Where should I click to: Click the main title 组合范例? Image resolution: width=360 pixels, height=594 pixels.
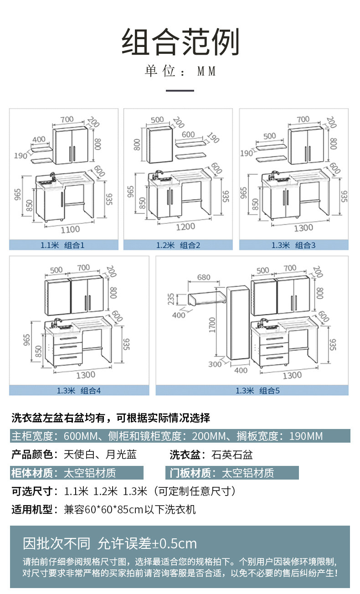[180, 42]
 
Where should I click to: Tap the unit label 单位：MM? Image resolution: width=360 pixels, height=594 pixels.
[180, 72]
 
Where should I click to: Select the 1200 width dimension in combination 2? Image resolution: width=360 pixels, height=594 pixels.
[185, 227]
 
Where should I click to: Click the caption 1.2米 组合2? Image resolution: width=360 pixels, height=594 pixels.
[178, 245]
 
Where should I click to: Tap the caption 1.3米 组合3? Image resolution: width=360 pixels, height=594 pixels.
[293, 245]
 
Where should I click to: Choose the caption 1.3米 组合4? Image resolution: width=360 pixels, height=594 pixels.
[79, 390]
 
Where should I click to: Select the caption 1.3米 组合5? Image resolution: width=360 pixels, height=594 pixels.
[257, 390]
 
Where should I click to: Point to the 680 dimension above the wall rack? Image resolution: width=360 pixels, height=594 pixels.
[203, 277]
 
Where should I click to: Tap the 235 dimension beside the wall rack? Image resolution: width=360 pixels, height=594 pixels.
[171, 299]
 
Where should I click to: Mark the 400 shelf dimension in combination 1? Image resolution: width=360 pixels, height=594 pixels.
[39, 139]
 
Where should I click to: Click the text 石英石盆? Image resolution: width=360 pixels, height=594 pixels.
[232, 455]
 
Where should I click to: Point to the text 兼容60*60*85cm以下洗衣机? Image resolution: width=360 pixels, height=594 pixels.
[130, 509]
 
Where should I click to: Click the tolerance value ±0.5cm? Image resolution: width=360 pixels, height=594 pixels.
[174, 543]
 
